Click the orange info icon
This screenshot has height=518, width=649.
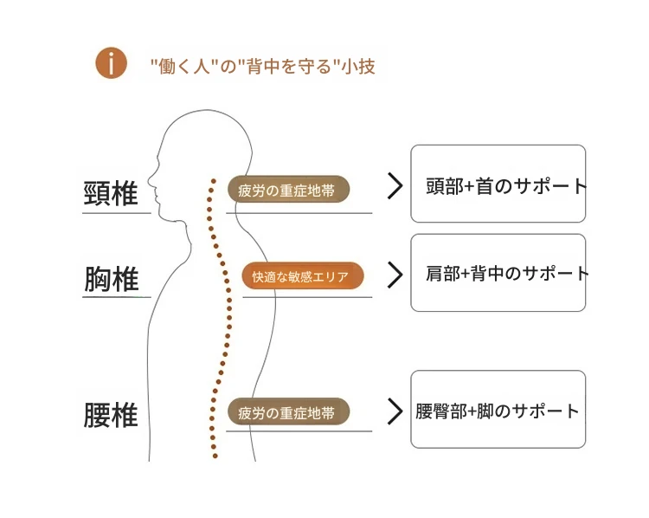coord(111,63)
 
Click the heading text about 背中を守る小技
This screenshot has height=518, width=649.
coord(263,67)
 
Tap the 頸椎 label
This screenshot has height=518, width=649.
coord(111,193)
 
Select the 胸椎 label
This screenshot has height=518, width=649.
coord(112,278)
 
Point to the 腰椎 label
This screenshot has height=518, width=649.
coord(111,414)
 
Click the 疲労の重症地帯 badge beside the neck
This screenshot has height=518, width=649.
coord(288,190)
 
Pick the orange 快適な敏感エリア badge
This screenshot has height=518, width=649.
coord(303,275)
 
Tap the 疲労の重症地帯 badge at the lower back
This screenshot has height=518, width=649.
coord(288,411)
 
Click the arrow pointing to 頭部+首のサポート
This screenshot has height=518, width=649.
coord(395,186)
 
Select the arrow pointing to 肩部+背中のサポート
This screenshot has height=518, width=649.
coord(395,275)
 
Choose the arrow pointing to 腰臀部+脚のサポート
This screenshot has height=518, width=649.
coord(395,411)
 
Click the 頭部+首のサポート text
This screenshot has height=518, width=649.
coord(506,186)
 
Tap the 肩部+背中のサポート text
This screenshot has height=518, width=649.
coord(507,274)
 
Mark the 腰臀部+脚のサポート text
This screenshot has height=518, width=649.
coord(497,411)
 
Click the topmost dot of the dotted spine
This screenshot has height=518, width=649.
coord(214,181)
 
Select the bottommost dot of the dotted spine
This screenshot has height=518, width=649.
coord(215,456)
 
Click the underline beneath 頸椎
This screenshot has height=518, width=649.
coord(117,213)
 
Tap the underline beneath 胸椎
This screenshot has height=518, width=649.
coord(117,297)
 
